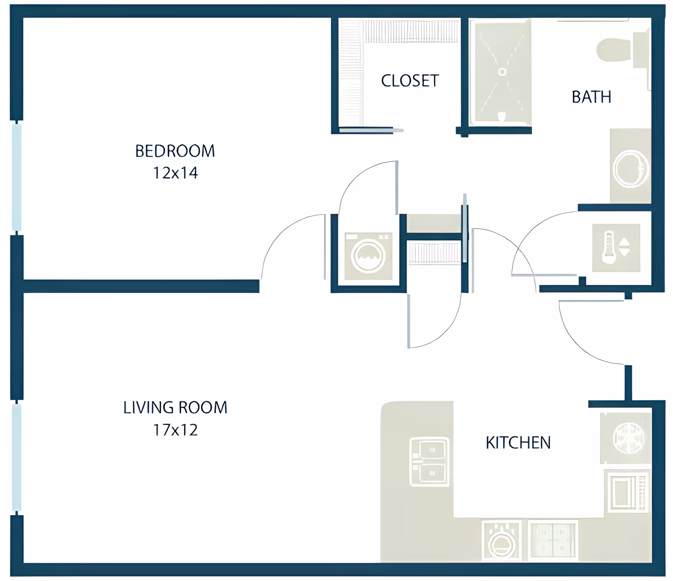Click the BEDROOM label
[x=175, y=151]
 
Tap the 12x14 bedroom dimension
[x=175, y=173]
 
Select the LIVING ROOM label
[x=175, y=408]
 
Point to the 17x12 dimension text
[x=175, y=430]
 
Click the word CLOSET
[x=409, y=81]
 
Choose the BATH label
[x=591, y=97]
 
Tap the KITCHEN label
[x=518, y=443]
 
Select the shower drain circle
[x=502, y=72]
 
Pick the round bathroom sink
[x=630, y=169]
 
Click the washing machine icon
[x=368, y=256]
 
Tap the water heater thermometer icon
[x=609, y=247]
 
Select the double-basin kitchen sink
[x=429, y=461]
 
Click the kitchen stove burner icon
[x=628, y=438]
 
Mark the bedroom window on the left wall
[x=16, y=177]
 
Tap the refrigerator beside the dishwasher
[x=553, y=540]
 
